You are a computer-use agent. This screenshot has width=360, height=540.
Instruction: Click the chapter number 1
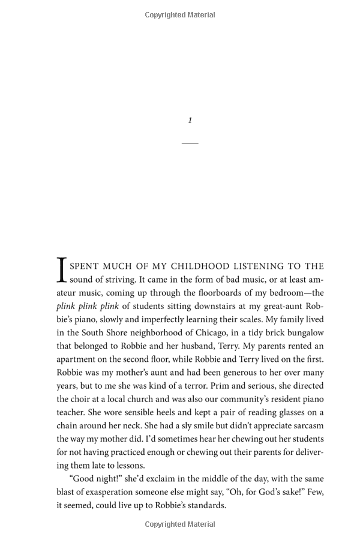coord(190,121)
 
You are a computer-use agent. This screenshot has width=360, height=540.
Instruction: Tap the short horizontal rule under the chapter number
coord(190,143)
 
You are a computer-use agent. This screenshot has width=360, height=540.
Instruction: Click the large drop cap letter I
coord(62,270)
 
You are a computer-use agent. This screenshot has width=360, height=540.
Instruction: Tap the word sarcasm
coord(306,425)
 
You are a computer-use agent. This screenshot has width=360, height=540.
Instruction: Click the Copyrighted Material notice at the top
coord(180,15)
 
